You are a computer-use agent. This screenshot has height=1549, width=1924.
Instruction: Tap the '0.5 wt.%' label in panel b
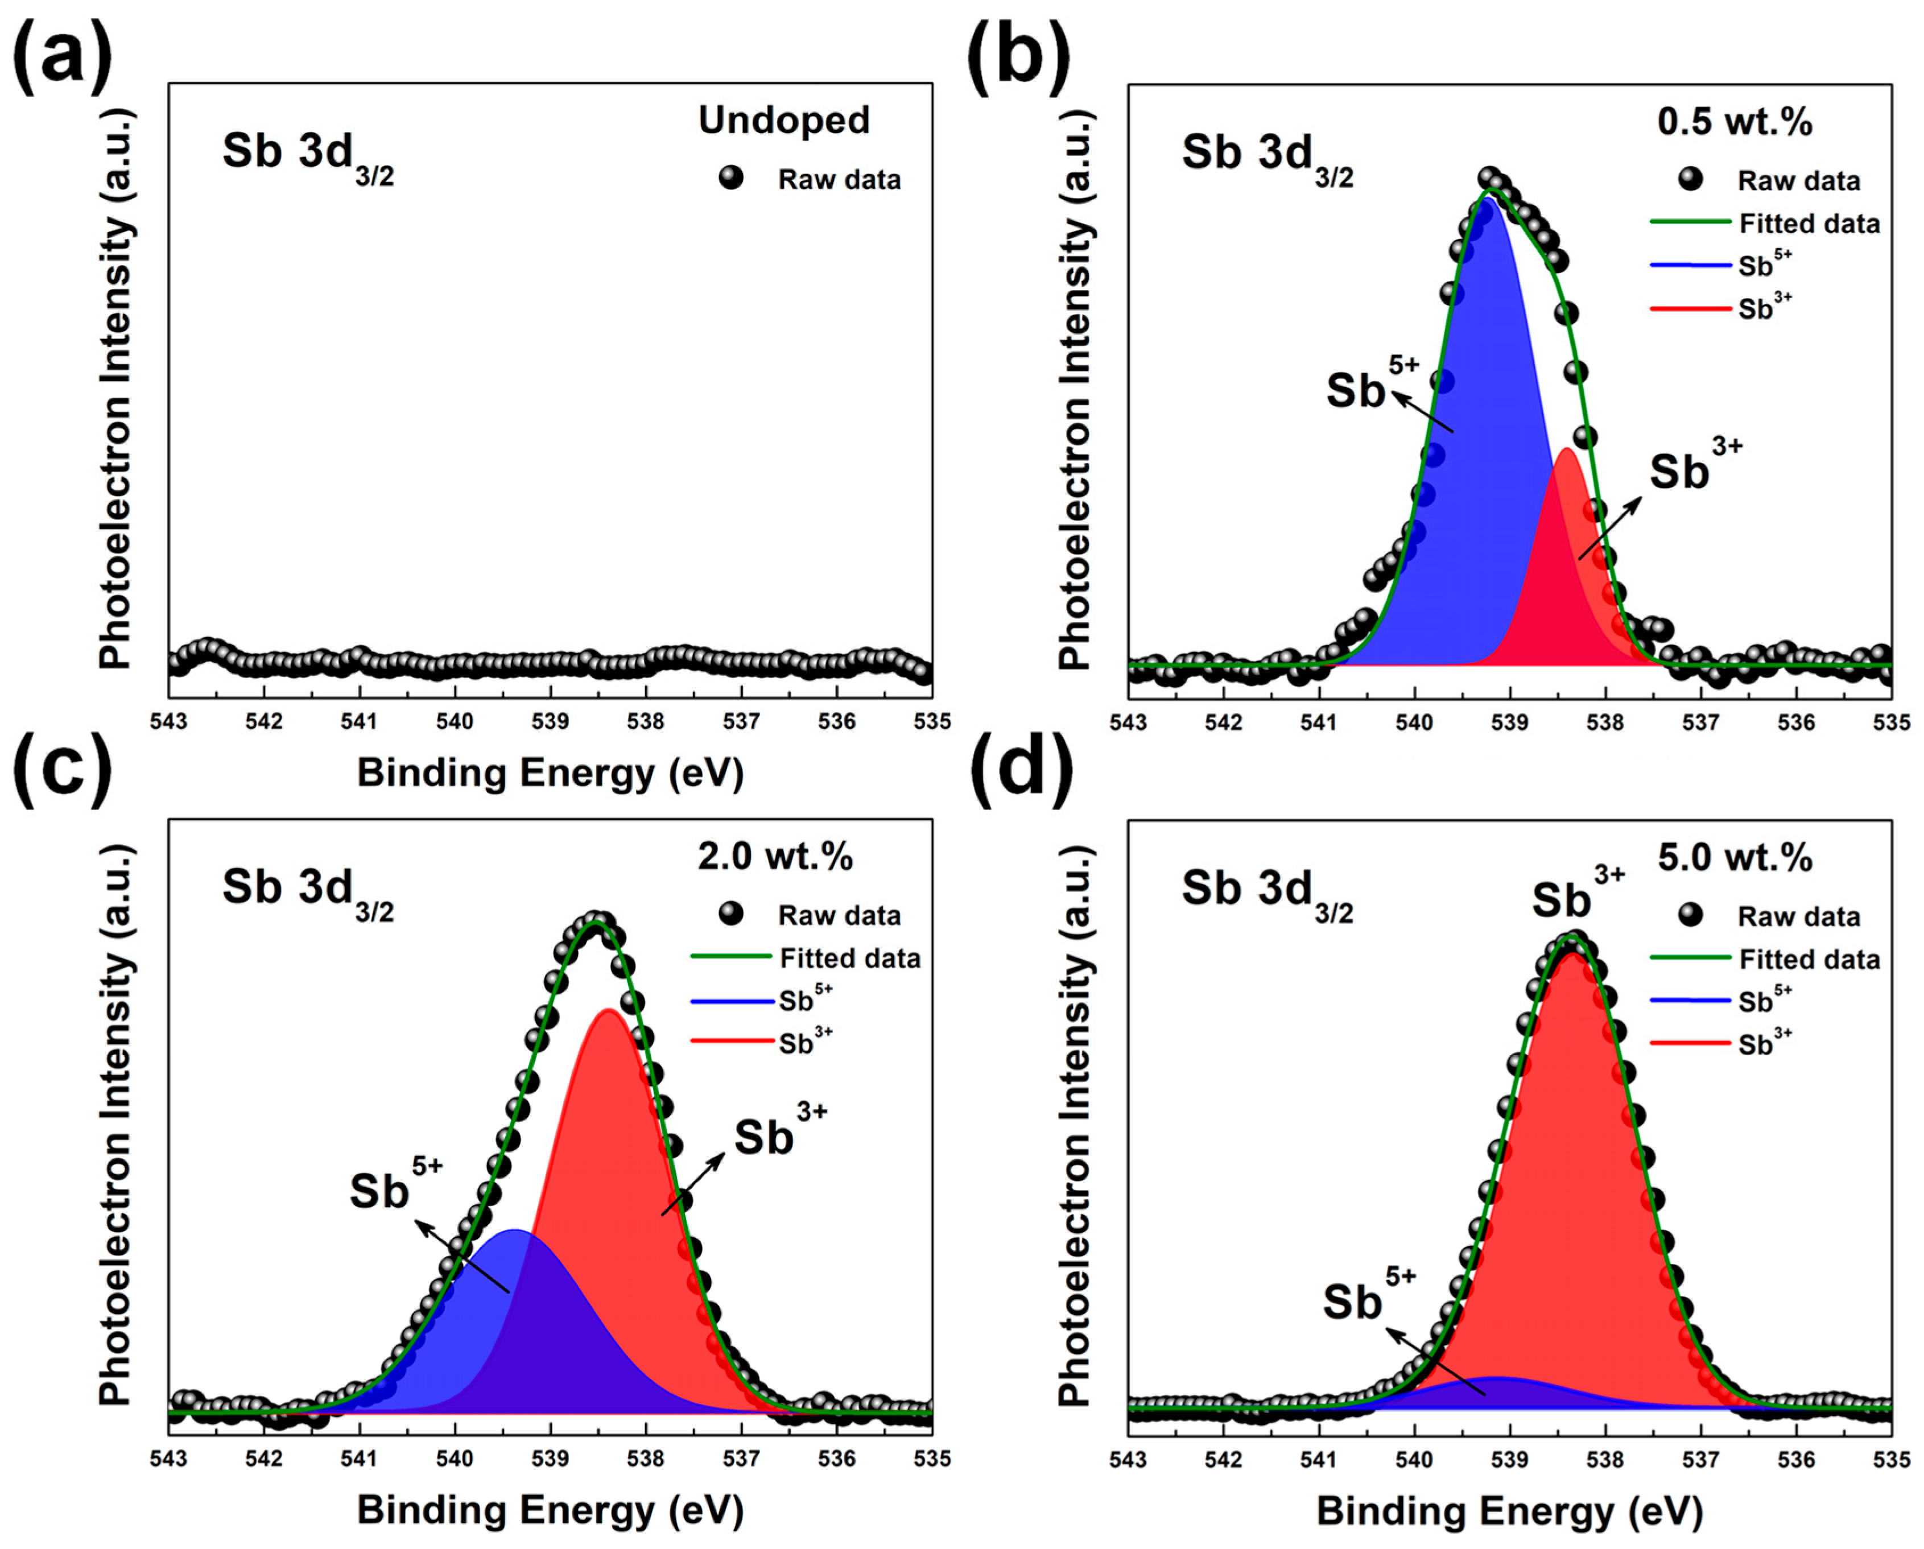[x=1735, y=121]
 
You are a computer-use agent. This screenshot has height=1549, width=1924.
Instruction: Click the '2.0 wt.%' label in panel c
[x=775, y=857]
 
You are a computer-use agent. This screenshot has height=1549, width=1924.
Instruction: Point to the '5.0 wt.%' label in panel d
[x=1735, y=857]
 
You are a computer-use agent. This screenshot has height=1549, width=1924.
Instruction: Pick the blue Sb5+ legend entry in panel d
[x=1764, y=1001]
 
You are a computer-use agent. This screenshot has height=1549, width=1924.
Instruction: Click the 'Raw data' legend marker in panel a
[x=731, y=179]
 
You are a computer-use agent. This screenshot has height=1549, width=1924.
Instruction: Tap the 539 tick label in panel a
[x=550, y=721]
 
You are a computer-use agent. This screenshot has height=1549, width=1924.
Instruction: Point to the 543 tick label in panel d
[x=1128, y=1459]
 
